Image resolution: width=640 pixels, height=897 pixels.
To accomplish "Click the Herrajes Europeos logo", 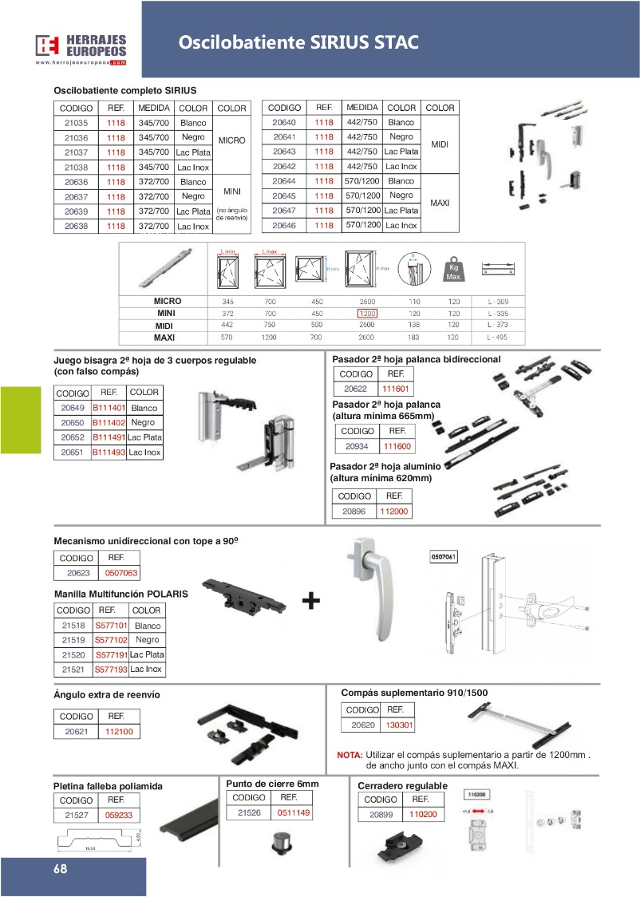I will pos(81,49).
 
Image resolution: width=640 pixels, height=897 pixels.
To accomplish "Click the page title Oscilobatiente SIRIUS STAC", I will pos(298,42).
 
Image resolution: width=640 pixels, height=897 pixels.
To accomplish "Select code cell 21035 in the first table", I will pos(76,123).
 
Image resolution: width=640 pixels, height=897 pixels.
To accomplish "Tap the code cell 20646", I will pos(283,226).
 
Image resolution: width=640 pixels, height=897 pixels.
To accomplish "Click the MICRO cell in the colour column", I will pos(231,140).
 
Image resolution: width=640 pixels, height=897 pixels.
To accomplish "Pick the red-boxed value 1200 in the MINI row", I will pos(367,314).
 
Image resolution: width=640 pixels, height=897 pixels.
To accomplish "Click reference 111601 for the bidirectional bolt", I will pos(395,388).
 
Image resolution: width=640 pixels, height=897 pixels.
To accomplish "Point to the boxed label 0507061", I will pos(444,555).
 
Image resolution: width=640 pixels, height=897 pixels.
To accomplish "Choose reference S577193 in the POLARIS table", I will pos(111,669).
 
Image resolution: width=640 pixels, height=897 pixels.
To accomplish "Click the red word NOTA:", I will pos(350,755).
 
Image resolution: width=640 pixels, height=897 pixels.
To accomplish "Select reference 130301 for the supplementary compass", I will pos(399,725).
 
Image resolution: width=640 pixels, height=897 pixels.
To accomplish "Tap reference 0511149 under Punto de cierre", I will pos(294,813).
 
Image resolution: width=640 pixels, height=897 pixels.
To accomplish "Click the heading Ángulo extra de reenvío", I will pos(106,695).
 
